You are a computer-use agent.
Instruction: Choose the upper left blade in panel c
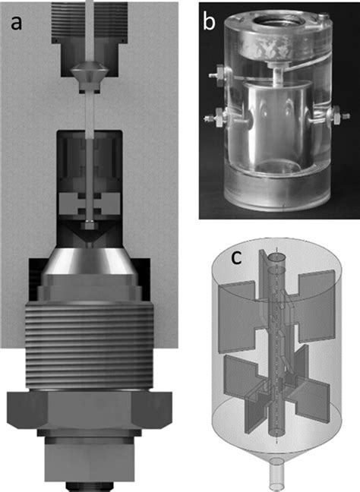(238, 311)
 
